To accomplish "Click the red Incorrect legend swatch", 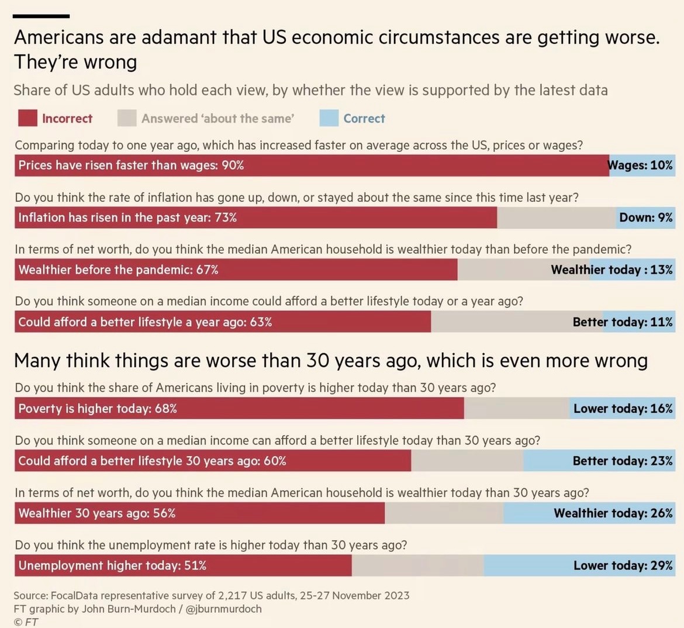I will (x=27, y=118).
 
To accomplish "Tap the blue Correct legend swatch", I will (x=329, y=118).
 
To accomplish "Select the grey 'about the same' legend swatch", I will (x=127, y=118).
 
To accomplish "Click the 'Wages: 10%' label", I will (x=641, y=165).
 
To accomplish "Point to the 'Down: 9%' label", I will (x=646, y=218).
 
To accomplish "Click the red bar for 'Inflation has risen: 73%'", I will (x=255, y=218).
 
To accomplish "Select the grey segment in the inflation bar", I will (x=555, y=218).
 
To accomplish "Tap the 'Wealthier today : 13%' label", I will (x=612, y=270).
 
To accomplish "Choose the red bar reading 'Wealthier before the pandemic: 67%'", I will (x=236, y=270).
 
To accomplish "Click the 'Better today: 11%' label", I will (x=623, y=322).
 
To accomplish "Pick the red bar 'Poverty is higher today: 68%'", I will (x=239, y=408).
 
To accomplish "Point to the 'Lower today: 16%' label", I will (x=623, y=409).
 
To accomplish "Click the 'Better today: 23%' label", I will (x=623, y=461).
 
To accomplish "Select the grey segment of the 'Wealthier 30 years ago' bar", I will (x=444, y=513).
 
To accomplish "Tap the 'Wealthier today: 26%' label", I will (x=613, y=513).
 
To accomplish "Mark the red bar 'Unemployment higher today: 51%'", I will (x=183, y=565).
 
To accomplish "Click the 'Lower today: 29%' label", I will (x=623, y=565).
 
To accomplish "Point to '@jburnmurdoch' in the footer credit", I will (x=223, y=609).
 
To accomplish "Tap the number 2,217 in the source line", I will (x=233, y=596).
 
